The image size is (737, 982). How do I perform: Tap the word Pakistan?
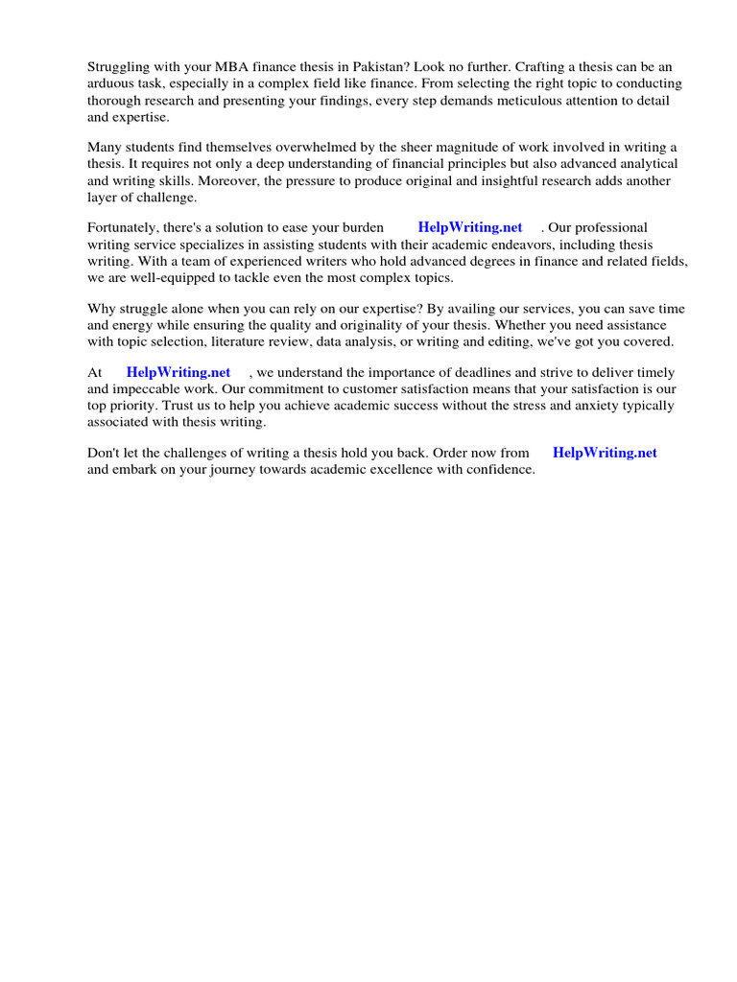coord(385,67)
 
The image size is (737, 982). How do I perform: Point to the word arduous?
coord(112,83)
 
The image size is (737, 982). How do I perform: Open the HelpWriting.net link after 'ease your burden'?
coord(470,228)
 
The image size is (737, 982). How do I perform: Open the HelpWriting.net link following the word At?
coord(178,372)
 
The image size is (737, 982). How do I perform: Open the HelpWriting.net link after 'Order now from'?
coord(605,453)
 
